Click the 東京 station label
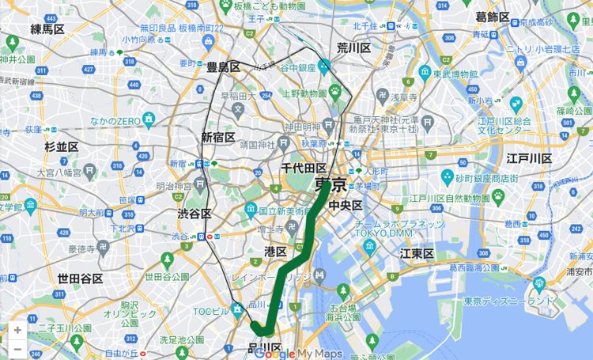[x=330, y=185]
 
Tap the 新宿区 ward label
[x=218, y=137]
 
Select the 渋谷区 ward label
[x=195, y=214]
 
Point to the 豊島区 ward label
[x=223, y=68]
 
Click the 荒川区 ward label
[x=353, y=48]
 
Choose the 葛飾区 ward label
[x=493, y=17]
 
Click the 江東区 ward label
[x=417, y=253]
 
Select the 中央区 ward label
[x=346, y=206]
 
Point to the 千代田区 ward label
[x=304, y=169]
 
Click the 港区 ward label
[x=275, y=251]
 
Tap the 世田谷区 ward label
[x=80, y=279]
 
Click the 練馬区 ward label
[x=47, y=30]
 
